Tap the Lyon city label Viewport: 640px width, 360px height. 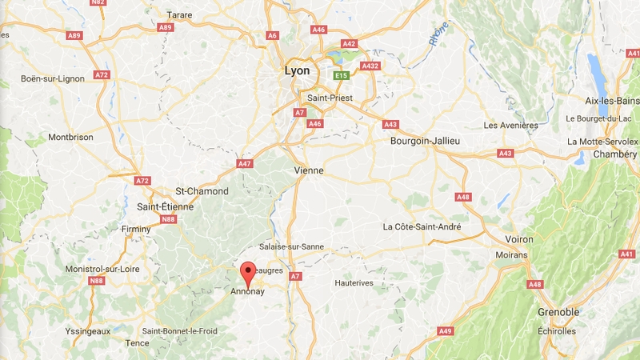[297, 71]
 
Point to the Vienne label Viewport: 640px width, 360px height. [309, 171]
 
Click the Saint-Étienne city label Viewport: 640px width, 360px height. [165, 206]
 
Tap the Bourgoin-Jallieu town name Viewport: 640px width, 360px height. [425, 141]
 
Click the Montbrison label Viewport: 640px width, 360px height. [70, 138]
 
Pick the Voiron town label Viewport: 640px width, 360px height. [519, 239]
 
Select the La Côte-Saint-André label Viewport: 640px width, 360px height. [422, 226]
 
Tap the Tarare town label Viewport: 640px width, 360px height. [179, 14]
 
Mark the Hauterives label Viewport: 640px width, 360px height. [356, 282]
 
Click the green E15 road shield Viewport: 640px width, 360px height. [342, 75]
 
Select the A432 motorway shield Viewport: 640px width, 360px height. [370, 66]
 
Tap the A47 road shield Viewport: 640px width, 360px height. [245, 163]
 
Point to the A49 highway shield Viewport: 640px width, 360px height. [446, 331]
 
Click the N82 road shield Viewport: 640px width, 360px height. [98, 2]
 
